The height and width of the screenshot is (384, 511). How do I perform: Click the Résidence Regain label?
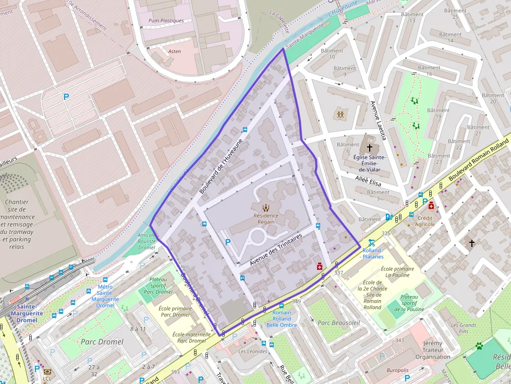(x=265, y=218)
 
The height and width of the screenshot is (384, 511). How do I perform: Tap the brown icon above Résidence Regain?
(x=266, y=208)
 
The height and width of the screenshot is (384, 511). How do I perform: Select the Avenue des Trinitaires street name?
(x=276, y=250)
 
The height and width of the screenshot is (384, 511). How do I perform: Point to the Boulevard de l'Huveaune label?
(x=221, y=165)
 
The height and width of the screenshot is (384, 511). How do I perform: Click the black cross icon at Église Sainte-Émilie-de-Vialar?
(x=370, y=148)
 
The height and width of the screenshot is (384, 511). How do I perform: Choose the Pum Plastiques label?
(x=166, y=21)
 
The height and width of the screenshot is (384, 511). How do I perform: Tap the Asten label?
(x=175, y=52)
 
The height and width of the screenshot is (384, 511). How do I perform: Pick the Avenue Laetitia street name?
(x=378, y=120)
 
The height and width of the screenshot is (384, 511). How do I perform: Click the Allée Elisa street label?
(x=368, y=181)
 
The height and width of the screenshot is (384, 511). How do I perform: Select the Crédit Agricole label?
(x=425, y=221)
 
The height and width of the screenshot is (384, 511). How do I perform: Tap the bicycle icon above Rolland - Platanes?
(x=371, y=243)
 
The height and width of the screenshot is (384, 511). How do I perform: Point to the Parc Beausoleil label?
(x=339, y=323)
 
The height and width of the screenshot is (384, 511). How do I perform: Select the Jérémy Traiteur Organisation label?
(x=433, y=350)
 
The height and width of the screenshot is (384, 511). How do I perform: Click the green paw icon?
(x=479, y=345)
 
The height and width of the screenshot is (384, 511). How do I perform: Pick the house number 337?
(x=339, y=272)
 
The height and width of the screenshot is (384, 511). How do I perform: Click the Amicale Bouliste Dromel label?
(x=147, y=241)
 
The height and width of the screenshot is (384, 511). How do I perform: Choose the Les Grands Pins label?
(x=464, y=328)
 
